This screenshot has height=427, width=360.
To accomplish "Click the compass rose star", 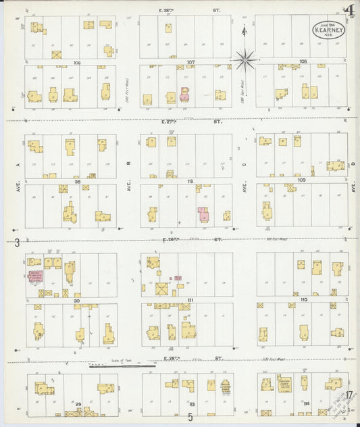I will tap(245, 59).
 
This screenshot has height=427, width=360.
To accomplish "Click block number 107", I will tap(191, 62).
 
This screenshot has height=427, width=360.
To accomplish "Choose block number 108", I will tap(303, 61).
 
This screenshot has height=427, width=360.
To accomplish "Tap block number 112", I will tap(190, 181).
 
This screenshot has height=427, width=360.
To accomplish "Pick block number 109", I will tap(301, 180).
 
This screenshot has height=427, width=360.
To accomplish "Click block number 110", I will tap(303, 299).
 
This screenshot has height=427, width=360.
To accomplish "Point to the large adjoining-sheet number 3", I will tap(16, 241).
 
